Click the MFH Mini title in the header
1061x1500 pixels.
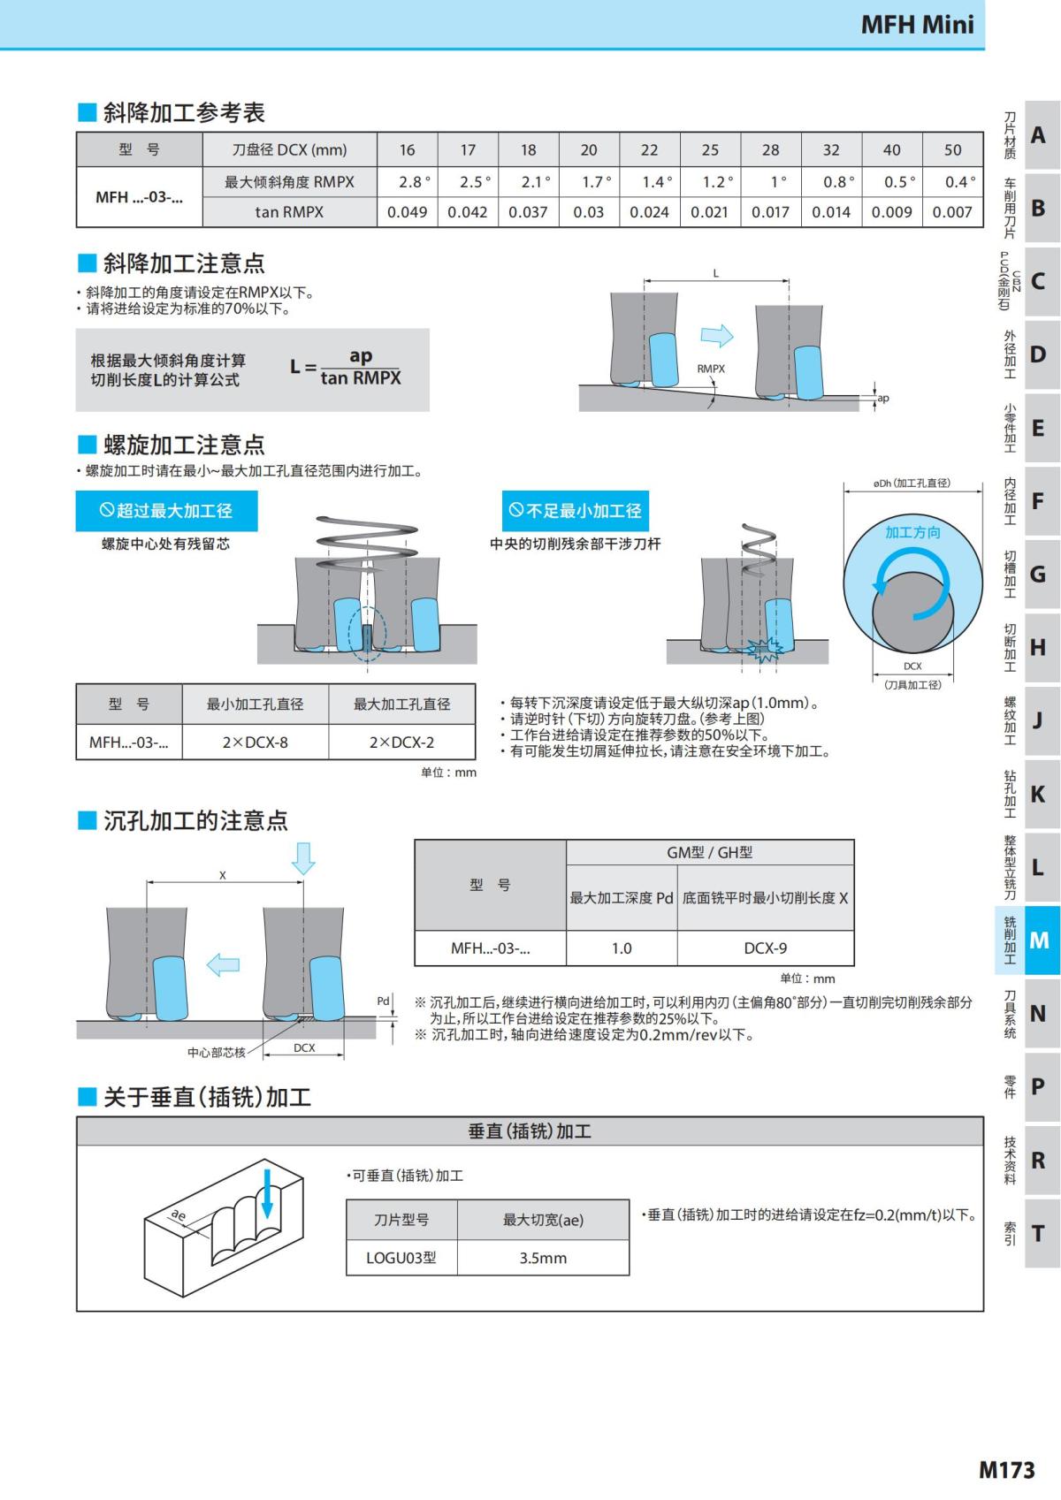pyautogui.click(x=917, y=24)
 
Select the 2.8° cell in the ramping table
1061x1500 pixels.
pyautogui.click(x=414, y=182)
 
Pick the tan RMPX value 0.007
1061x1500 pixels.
pyautogui.click(x=951, y=212)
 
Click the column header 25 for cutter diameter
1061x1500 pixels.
pyautogui.click(x=710, y=150)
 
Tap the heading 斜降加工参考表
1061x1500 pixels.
pyautogui.click(x=183, y=113)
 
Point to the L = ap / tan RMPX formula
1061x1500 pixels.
pyautogui.click(x=346, y=368)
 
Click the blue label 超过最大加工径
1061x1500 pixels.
pyautogui.click(x=166, y=511)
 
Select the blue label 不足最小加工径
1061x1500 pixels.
pyautogui.click(x=576, y=511)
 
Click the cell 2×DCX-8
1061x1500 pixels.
pyautogui.click(x=255, y=742)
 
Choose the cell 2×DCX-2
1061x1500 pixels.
pyautogui.click(x=401, y=742)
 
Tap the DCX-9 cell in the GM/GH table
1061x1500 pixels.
pyautogui.click(x=765, y=948)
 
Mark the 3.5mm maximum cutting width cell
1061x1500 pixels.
pyautogui.click(x=543, y=1258)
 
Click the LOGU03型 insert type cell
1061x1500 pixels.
pyautogui.click(x=401, y=1258)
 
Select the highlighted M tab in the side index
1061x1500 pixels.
pyautogui.click(x=1040, y=940)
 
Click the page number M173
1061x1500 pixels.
pyautogui.click(x=1006, y=1470)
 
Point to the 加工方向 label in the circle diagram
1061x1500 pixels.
pyautogui.click(x=912, y=532)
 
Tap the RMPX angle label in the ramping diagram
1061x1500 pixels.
pyautogui.click(x=711, y=369)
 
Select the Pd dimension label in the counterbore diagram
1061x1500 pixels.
pyautogui.click(x=383, y=1001)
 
